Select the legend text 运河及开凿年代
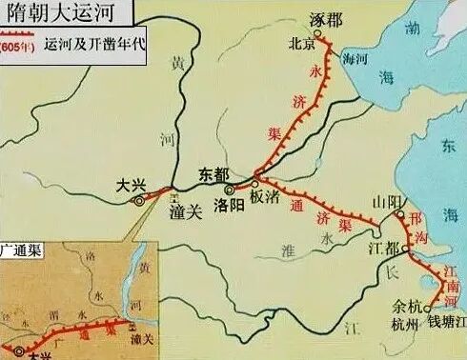tap(94, 46)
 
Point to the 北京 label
tap(303, 43)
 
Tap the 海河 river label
tap(355, 59)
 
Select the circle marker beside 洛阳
tap(229, 189)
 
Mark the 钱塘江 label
tap(446, 326)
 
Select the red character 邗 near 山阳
tap(413, 217)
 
